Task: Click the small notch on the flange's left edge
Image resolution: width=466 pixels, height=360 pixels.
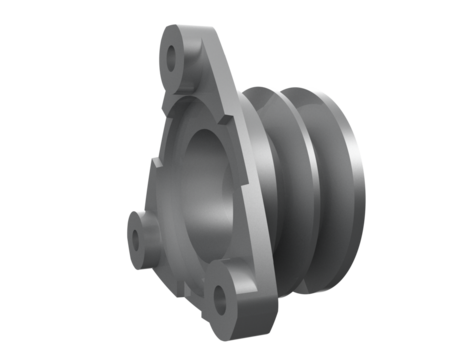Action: pos(153,160)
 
